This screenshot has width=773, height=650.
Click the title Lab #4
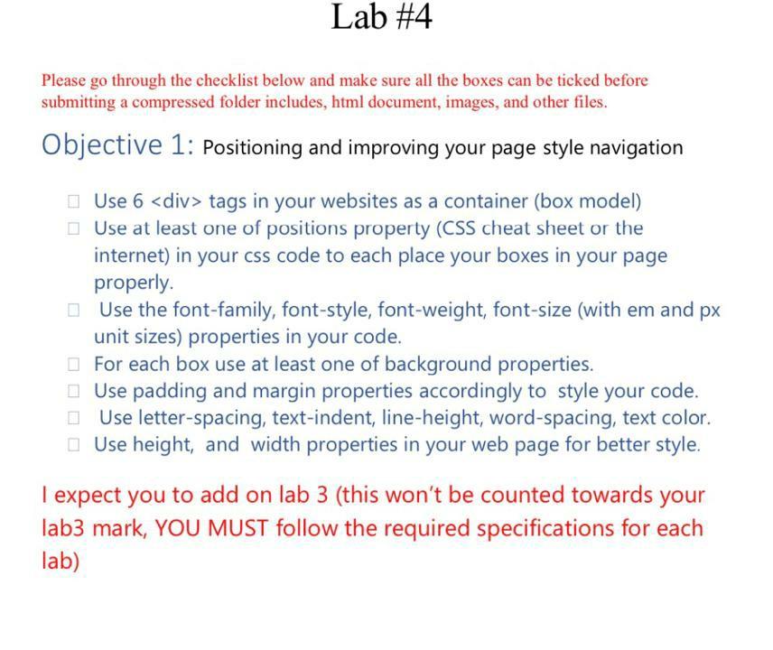pyautogui.click(x=381, y=17)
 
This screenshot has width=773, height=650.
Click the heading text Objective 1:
pyautogui.click(x=117, y=145)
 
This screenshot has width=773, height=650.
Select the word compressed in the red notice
pyautogui.click(x=172, y=102)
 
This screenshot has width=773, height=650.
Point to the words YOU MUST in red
pyautogui.click(x=212, y=528)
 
